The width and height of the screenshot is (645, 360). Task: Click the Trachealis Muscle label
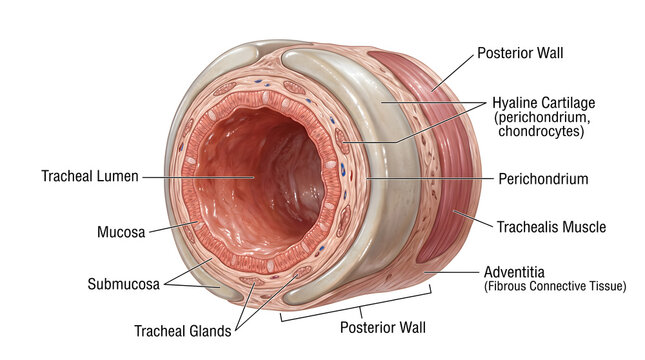551,227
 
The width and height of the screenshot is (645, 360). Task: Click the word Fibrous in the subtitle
510,286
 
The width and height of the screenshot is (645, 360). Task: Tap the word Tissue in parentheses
606,286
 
